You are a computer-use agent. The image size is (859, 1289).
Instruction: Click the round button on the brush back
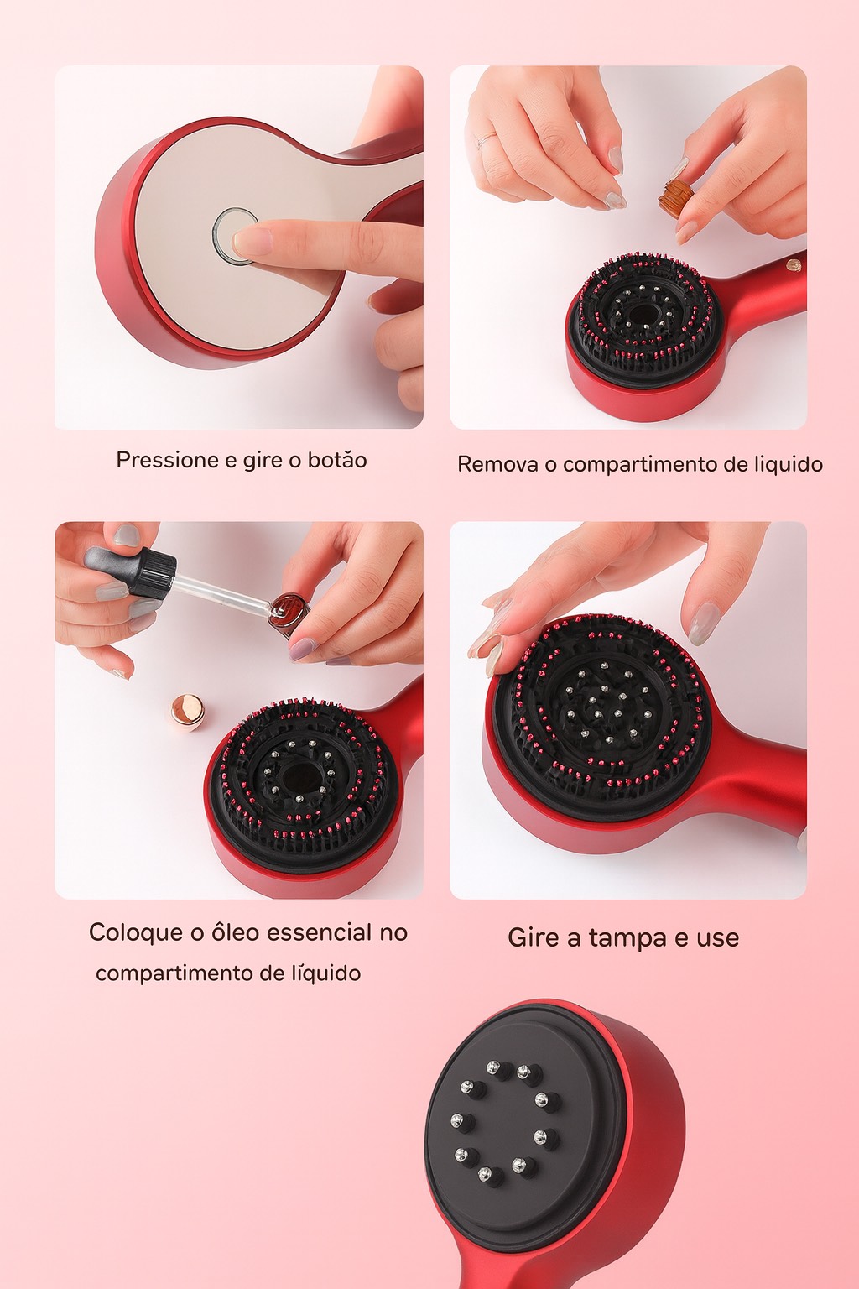(235, 237)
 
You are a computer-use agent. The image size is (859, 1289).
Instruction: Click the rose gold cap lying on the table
(188, 713)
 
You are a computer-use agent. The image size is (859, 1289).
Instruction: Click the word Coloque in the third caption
(136, 933)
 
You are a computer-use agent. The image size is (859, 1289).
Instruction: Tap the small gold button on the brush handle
(794, 266)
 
